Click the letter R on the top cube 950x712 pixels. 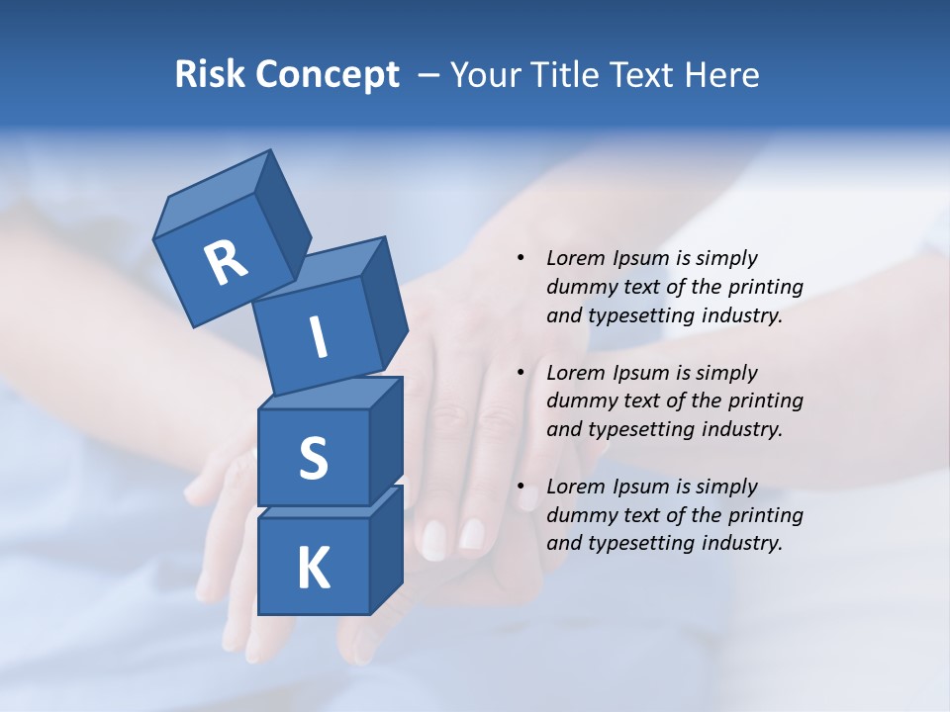click(x=226, y=262)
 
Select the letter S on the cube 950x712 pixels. click(x=313, y=458)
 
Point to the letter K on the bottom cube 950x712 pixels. click(x=313, y=569)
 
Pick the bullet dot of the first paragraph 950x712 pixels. click(x=521, y=258)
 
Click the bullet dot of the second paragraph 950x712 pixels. click(x=521, y=373)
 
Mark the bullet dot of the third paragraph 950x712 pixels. click(x=521, y=487)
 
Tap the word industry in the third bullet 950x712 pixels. click(x=741, y=543)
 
